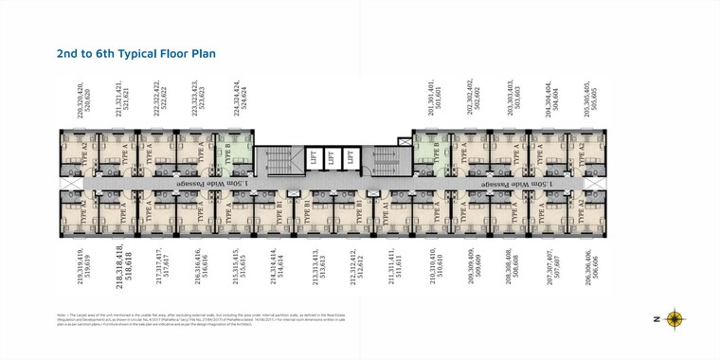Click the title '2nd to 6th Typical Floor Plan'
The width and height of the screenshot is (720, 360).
tap(136, 54)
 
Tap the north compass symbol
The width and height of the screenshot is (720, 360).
tap(675, 319)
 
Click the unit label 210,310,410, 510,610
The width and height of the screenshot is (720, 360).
tap(433, 267)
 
